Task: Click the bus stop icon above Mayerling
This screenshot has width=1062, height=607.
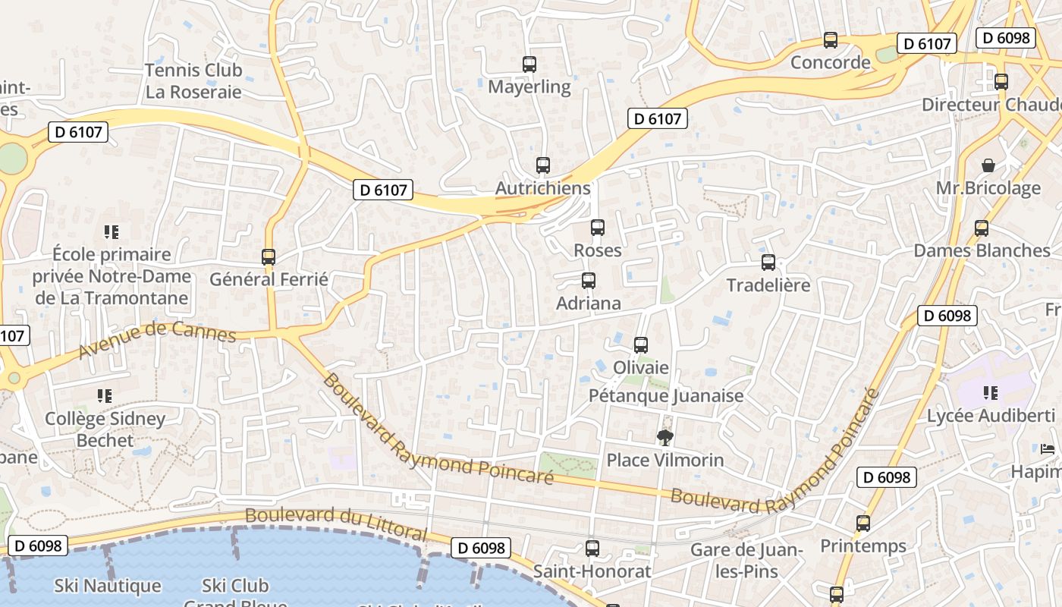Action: (529, 64)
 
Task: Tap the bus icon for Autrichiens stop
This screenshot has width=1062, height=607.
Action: (543, 165)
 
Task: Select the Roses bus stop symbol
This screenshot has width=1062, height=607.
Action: (598, 228)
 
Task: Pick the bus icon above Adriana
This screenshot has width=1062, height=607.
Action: (588, 281)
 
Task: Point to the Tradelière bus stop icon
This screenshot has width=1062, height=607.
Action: (768, 263)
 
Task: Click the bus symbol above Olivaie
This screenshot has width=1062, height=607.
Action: (641, 345)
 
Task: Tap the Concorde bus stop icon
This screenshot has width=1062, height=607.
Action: (831, 40)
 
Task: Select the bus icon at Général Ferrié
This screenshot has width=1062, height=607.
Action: (269, 256)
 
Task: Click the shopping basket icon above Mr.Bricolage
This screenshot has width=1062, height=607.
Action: (988, 165)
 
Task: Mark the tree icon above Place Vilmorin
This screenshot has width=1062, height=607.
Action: (665, 437)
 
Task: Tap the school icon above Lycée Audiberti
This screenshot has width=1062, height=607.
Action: (991, 392)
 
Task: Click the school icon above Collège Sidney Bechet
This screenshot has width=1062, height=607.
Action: (105, 395)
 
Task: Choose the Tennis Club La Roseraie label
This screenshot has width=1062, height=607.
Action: (193, 81)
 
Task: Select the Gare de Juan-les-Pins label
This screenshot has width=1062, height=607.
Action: (746, 560)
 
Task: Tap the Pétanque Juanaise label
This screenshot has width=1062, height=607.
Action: (666, 395)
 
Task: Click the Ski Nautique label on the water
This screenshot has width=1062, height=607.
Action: (108, 586)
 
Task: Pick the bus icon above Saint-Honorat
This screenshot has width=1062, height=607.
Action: (592, 548)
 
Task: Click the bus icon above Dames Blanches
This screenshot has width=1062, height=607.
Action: (982, 228)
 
